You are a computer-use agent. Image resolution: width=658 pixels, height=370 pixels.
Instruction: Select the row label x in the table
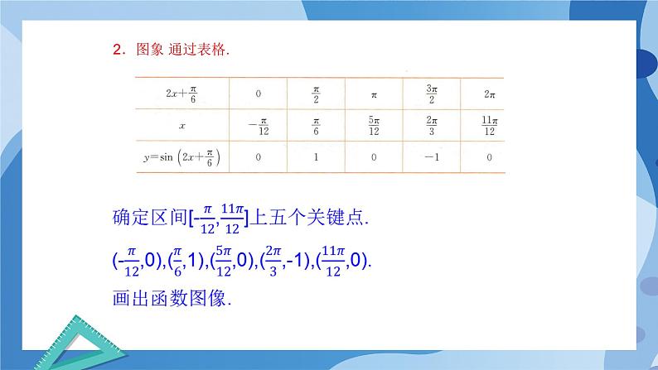(x=181, y=125)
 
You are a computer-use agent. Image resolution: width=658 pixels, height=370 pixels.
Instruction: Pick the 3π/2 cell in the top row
(x=431, y=94)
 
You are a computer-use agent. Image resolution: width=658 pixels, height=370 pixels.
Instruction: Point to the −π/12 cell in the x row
(x=258, y=126)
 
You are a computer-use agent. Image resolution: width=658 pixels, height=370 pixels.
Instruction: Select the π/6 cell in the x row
(x=316, y=125)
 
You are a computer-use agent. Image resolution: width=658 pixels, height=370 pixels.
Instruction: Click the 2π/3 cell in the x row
(x=431, y=125)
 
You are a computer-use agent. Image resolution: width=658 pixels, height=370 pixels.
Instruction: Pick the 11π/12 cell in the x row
(x=489, y=125)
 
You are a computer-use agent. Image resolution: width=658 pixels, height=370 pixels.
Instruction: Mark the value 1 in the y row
(x=316, y=156)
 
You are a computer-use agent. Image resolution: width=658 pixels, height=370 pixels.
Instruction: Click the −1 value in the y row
(x=431, y=156)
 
